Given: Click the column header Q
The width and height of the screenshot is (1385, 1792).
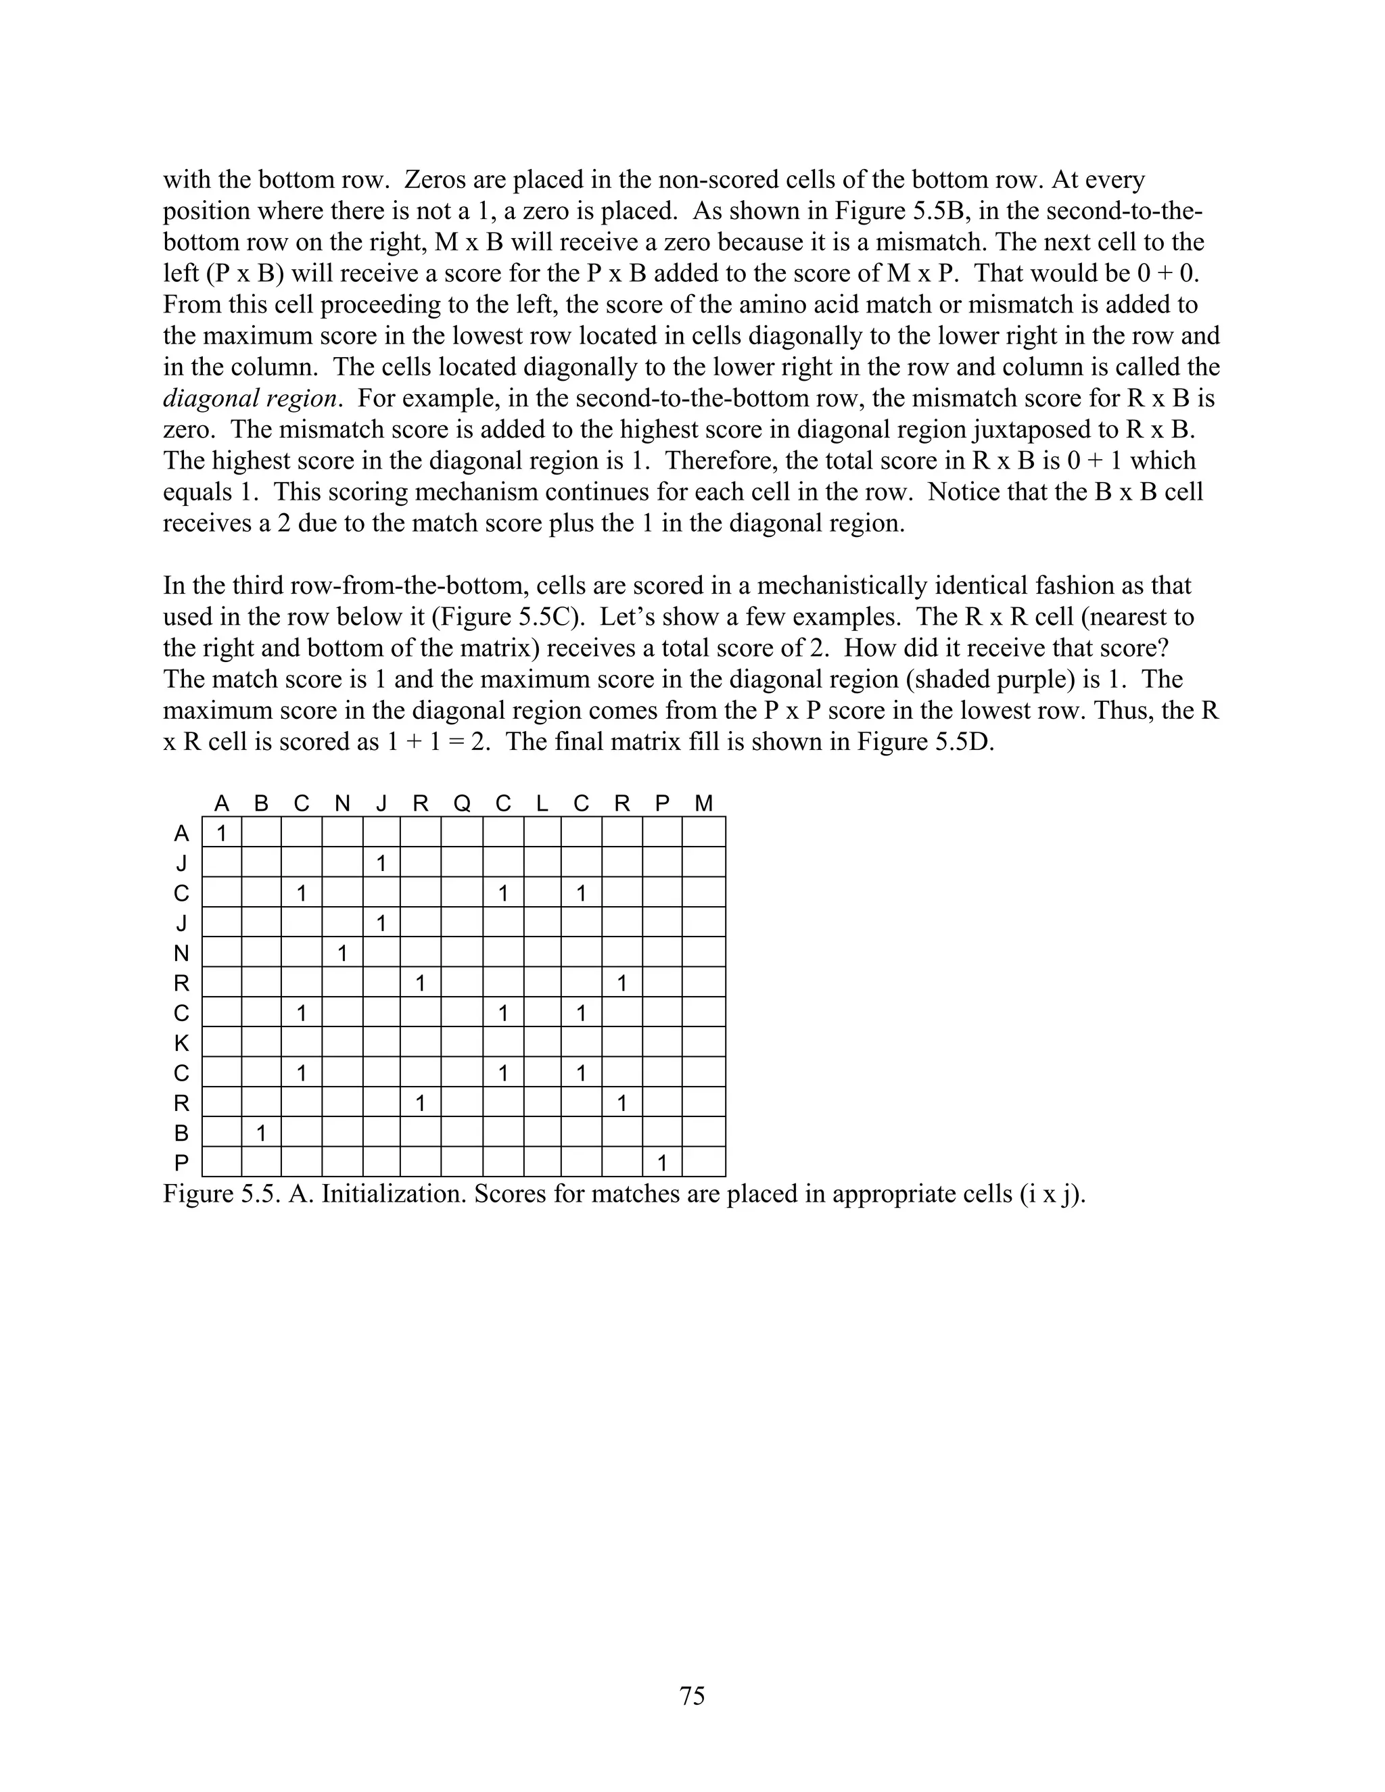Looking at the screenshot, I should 462,803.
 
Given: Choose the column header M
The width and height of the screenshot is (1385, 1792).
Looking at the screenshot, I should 703,803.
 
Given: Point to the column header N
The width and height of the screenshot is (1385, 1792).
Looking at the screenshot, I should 342,803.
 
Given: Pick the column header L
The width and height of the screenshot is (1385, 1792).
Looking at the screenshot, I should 542,803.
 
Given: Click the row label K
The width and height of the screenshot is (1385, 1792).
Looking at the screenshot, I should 181,1043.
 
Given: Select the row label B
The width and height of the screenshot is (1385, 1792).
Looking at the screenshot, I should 181,1133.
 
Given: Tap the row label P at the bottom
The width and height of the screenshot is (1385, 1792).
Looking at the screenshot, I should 181,1162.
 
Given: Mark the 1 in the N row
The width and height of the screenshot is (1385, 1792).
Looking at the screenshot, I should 342,953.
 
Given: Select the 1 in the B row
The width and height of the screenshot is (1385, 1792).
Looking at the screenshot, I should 261,1133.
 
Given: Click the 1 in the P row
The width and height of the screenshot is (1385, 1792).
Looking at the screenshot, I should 662,1162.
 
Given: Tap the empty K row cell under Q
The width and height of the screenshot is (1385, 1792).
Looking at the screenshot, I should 462,1043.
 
